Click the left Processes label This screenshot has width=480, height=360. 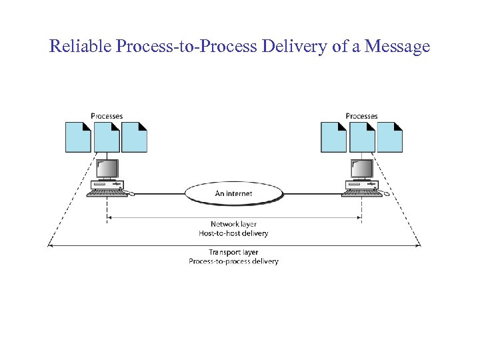point(107,116)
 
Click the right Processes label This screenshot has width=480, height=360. point(361,116)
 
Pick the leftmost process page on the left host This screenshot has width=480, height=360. point(78,137)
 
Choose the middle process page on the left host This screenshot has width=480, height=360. point(107,137)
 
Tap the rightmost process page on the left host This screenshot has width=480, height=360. point(135,137)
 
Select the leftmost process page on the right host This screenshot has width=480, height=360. point(333,137)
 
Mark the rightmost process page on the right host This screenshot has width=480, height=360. point(390,137)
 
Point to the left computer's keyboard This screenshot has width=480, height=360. point(107,193)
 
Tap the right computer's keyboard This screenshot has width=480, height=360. point(361,193)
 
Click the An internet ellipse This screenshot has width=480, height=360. point(233,193)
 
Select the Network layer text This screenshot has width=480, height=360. point(233,225)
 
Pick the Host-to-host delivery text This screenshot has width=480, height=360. point(233,233)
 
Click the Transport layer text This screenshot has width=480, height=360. point(233,253)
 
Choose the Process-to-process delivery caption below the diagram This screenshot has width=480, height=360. point(233,261)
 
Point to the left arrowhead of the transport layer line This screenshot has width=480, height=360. point(50,246)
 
